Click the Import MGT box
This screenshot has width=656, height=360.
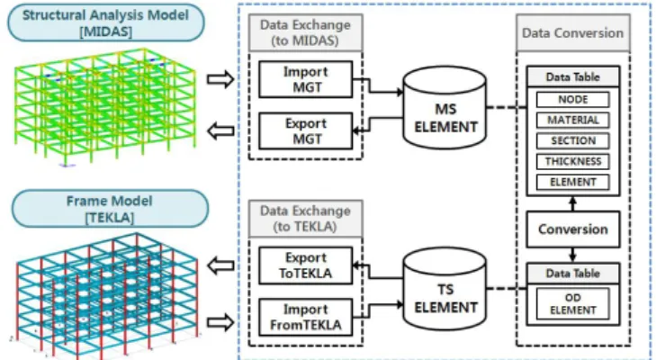tap(305, 79)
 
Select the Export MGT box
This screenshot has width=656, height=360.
tap(305, 131)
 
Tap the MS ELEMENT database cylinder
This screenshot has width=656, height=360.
tap(445, 108)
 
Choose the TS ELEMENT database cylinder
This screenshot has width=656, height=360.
tap(445, 289)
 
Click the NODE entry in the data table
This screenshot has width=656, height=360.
tap(572, 100)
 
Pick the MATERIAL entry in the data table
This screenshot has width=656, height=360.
tap(572, 120)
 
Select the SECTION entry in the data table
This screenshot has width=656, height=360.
tap(572, 140)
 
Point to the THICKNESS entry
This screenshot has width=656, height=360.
tap(572, 161)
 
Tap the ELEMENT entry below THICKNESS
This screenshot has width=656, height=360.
tap(572, 182)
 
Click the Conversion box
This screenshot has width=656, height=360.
tap(572, 229)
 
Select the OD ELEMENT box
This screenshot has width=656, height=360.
tap(572, 304)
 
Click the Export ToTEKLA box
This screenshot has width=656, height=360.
tap(305, 265)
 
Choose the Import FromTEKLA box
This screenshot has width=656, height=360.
tap(305, 318)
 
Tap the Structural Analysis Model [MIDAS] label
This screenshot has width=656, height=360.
tap(106, 23)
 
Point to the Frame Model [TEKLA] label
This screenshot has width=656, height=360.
tap(110, 209)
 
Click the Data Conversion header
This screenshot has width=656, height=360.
tap(572, 32)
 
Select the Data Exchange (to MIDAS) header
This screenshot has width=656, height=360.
tap(305, 32)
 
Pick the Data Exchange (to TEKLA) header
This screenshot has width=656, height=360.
tap(305, 219)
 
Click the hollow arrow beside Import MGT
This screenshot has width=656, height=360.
tap(220, 78)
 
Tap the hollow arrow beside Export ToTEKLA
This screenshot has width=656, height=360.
tap(220, 265)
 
